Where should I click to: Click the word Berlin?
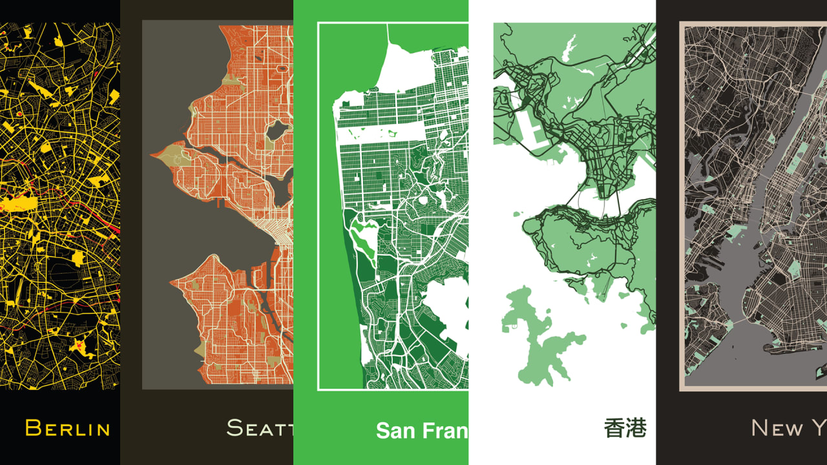point(67,428)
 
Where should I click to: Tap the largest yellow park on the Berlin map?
point(19,205)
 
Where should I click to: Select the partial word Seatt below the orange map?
point(259,428)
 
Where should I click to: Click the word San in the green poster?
point(395,430)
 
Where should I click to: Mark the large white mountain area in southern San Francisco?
point(446,310)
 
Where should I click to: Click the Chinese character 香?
point(614,428)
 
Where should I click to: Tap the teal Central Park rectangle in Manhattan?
point(799,155)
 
